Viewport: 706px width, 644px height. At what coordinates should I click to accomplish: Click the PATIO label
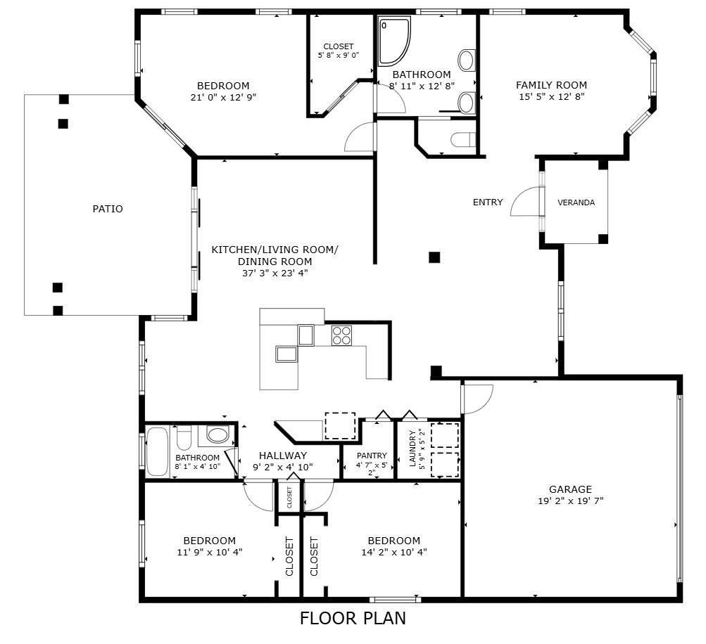pos(108,209)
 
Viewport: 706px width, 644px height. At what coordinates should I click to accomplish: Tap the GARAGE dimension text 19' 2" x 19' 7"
pos(570,501)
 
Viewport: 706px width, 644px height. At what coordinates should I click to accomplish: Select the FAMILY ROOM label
pos(551,85)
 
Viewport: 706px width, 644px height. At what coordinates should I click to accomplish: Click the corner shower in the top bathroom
pos(393,41)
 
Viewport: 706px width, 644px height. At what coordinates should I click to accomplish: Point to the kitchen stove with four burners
pos(341,335)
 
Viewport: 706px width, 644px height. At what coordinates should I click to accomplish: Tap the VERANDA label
pos(576,202)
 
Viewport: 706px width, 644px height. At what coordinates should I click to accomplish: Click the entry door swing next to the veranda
pos(524,203)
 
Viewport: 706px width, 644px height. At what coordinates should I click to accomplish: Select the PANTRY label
pos(372,456)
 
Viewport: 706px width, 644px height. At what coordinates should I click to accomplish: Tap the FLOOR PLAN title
pos(353,619)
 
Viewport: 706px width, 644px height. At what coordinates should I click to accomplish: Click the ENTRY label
pos(488,202)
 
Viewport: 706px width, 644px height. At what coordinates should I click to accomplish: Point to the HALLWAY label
pos(282,456)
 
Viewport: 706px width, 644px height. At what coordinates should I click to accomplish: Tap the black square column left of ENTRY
pos(434,257)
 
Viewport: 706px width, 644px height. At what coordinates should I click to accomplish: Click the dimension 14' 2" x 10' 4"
pos(394,553)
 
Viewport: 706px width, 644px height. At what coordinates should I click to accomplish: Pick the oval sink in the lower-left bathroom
pos(218,435)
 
